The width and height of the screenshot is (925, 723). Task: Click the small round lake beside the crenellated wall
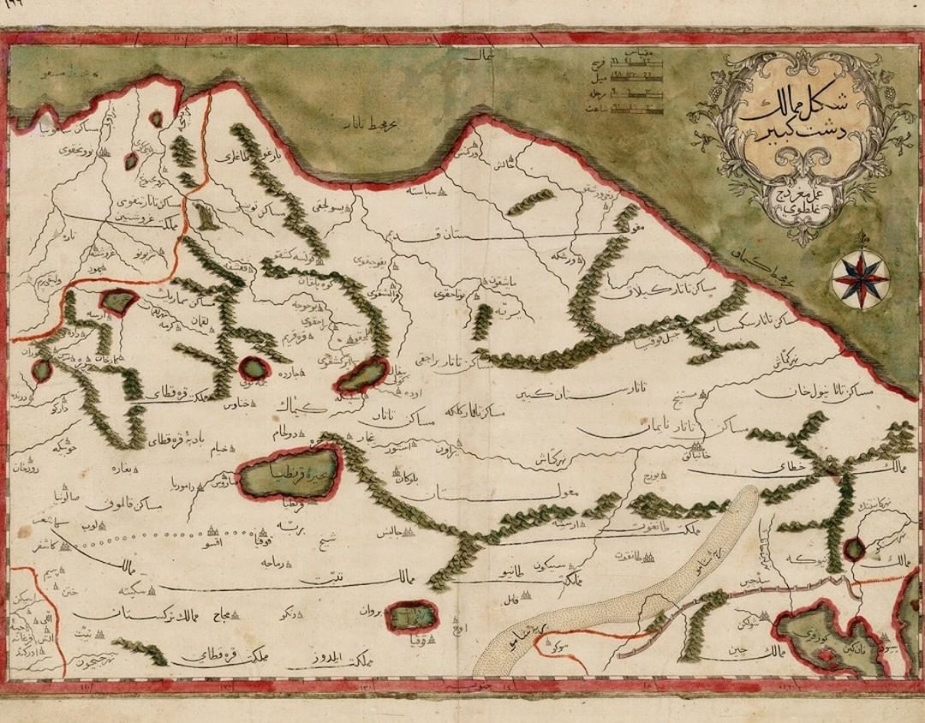[853, 550]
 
